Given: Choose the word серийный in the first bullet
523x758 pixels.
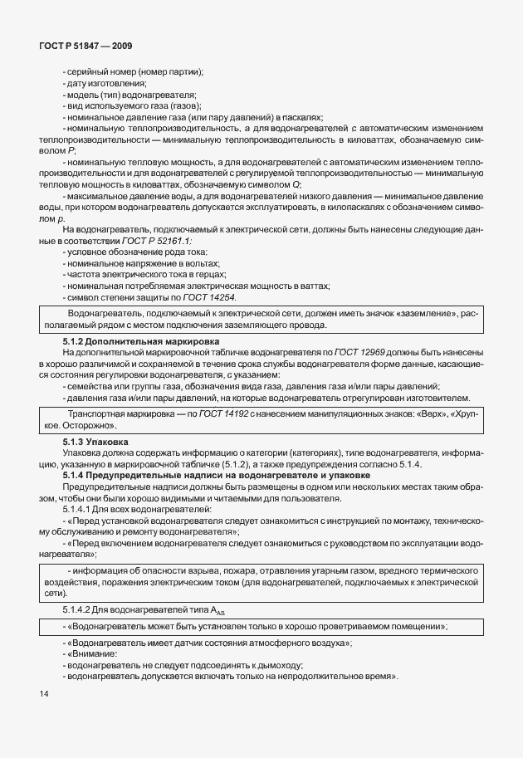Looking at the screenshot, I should (x=86, y=72).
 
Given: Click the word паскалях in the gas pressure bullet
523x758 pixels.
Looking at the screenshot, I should (x=301, y=117).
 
